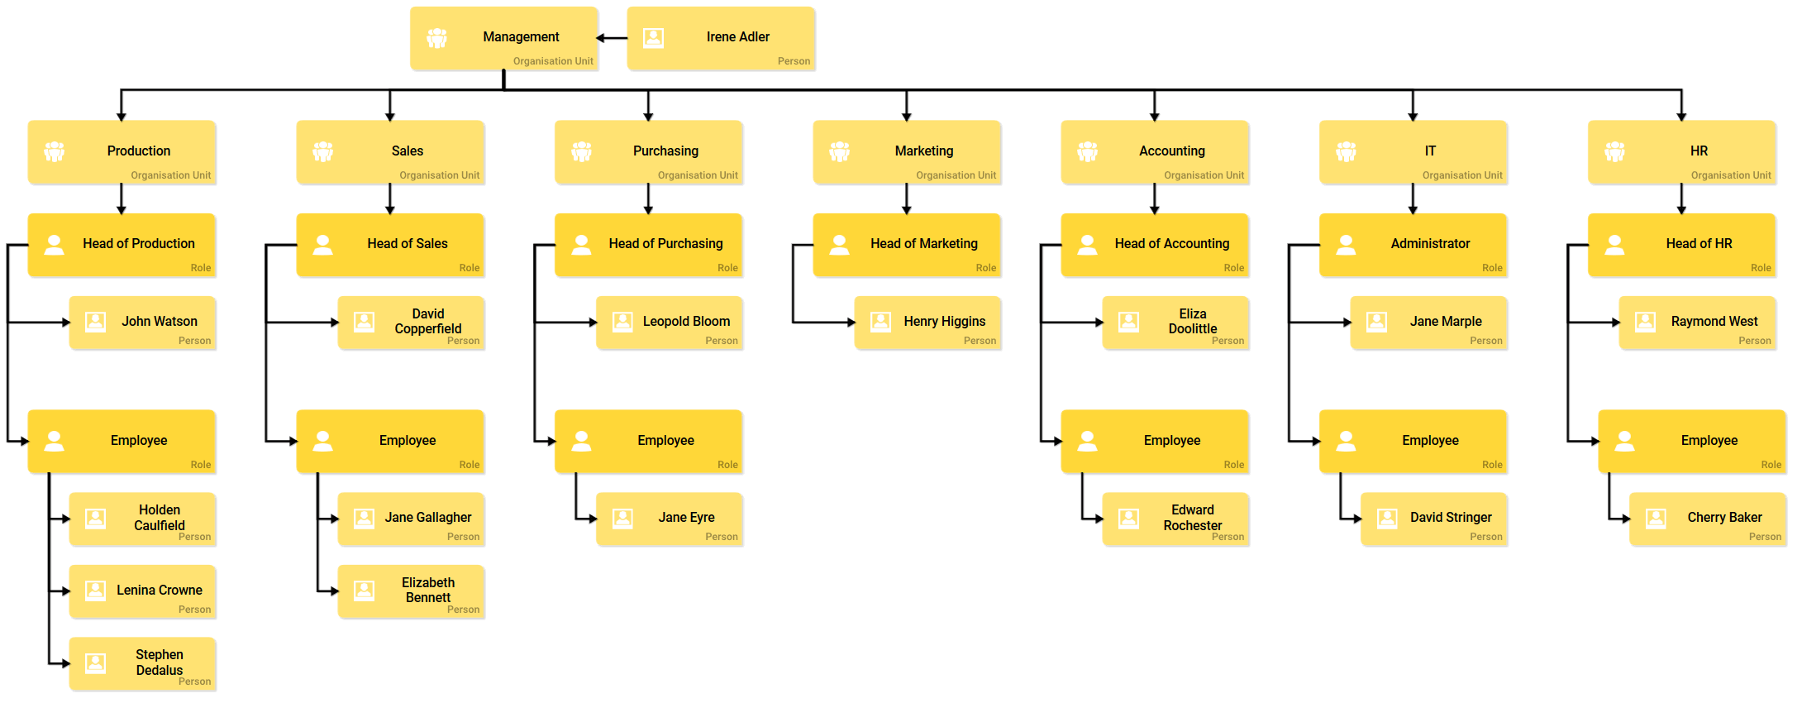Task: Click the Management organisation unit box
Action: [x=504, y=38]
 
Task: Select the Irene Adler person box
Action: [x=721, y=38]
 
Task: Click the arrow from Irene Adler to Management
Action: [x=613, y=38]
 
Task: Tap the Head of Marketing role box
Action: [x=907, y=245]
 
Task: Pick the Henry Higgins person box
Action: [x=927, y=323]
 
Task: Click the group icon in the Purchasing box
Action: [x=582, y=152]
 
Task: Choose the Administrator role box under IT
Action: [x=1413, y=245]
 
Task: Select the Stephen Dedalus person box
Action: [x=142, y=663]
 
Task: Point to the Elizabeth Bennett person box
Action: [x=411, y=591]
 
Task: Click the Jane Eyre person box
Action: [x=670, y=519]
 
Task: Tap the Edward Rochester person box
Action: [x=1175, y=519]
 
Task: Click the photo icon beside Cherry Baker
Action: [x=1656, y=519]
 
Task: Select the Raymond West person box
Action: [x=1697, y=323]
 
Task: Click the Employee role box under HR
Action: [x=1692, y=441]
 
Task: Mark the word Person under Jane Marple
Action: [x=1485, y=341]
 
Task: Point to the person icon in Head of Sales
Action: [x=323, y=245]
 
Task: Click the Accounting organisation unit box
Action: [x=1155, y=152]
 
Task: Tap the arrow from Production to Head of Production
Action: [x=122, y=199]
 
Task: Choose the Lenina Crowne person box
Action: [x=142, y=591]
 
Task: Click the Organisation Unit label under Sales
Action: [x=439, y=175]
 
